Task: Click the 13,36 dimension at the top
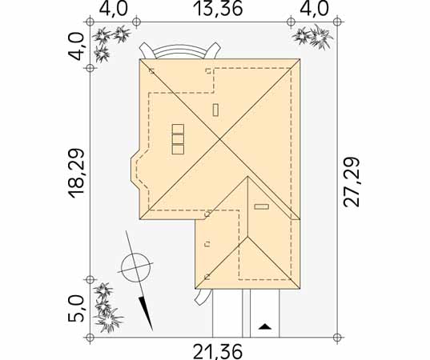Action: [x=218, y=9]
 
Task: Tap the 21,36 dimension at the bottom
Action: [x=218, y=352]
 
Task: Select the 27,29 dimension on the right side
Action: [x=352, y=182]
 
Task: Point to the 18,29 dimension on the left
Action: [x=76, y=173]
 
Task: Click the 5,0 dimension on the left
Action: [x=76, y=308]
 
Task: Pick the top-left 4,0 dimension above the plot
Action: [x=113, y=9]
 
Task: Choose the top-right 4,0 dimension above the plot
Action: [x=314, y=9]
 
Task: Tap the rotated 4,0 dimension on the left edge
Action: [x=76, y=46]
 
